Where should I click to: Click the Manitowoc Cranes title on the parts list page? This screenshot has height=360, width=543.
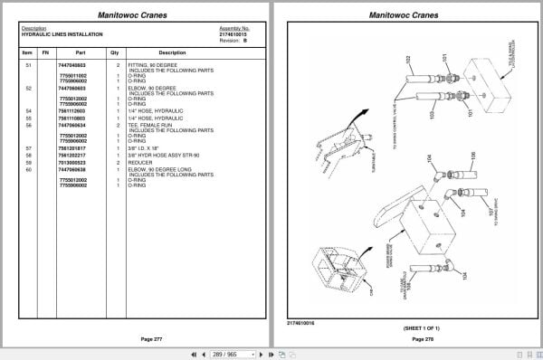pos(137,14)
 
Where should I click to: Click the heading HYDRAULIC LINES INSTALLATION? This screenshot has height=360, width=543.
pos(62,34)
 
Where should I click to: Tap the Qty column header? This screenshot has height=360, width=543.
pos(115,52)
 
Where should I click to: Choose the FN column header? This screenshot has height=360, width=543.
pos(44,52)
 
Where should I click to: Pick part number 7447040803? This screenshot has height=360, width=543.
pos(73,66)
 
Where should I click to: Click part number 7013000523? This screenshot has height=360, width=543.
pos(73,163)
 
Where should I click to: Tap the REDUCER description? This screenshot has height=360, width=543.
pos(142,163)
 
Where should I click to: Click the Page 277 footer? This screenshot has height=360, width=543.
pos(137,338)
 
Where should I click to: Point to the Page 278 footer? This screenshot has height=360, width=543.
pos(407,338)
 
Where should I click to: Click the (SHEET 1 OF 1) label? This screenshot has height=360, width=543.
pos(407,327)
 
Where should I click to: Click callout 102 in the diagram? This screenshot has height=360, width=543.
pos(409,59)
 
